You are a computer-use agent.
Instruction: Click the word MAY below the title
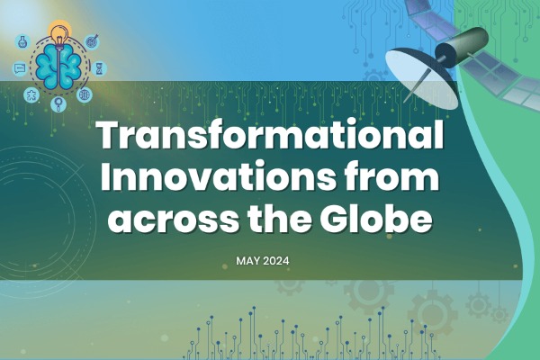[x=249, y=260]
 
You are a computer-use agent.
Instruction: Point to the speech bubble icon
[x=19, y=68]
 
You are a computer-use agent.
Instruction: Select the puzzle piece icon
[x=31, y=94]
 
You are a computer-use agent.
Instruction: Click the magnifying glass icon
[x=58, y=104]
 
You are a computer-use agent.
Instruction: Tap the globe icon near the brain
[x=85, y=94]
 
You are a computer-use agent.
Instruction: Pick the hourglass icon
[x=99, y=68]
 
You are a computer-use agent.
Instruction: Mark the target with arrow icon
[x=91, y=41]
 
